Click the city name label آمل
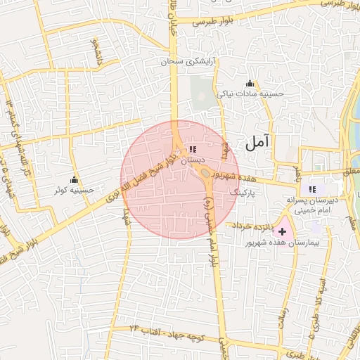[257, 143]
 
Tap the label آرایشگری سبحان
[188, 62]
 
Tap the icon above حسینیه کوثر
[74, 179]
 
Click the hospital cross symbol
[283, 231]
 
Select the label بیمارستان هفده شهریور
[283, 243]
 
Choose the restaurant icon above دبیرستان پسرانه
[313, 188]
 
